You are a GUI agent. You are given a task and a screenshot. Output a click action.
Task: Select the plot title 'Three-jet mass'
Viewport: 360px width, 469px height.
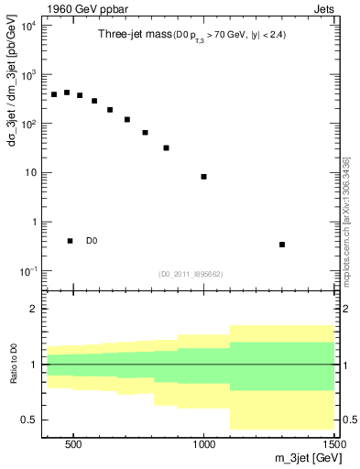click(131, 34)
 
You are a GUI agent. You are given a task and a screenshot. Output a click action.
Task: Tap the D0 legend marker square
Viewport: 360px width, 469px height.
click(70, 241)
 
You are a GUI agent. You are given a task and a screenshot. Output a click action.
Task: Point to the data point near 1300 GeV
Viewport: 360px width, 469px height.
click(282, 245)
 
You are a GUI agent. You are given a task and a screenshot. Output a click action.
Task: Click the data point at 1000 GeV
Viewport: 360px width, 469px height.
click(203, 177)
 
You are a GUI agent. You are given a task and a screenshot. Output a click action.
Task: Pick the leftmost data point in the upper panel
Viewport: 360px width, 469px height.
click(54, 94)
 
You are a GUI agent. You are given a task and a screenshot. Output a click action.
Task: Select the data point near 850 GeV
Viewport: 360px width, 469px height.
click(166, 147)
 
